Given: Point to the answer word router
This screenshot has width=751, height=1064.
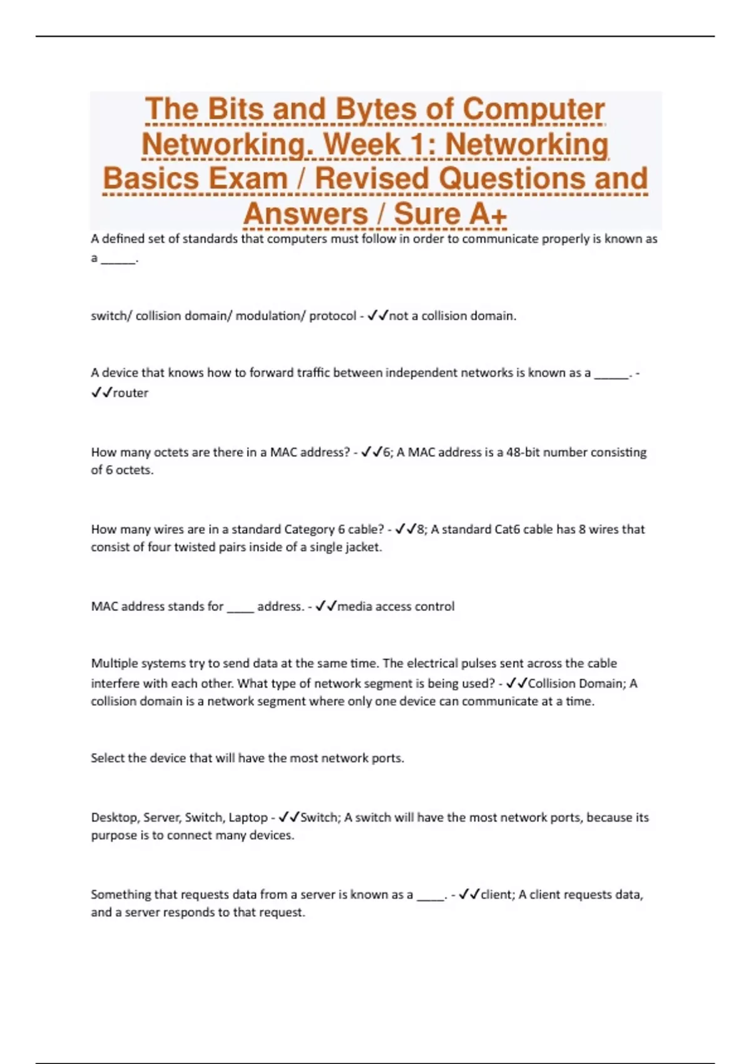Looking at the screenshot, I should (130, 393).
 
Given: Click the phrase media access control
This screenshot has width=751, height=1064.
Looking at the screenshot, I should (396, 606).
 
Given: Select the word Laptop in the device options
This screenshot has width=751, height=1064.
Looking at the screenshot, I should (248, 817).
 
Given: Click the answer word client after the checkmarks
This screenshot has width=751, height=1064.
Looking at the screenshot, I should (497, 894).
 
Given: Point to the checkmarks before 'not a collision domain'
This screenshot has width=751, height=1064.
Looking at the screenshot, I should (377, 315).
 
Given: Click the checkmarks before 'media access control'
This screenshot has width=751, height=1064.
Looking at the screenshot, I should (326, 606).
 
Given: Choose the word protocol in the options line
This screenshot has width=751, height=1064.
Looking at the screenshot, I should (332, 315).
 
